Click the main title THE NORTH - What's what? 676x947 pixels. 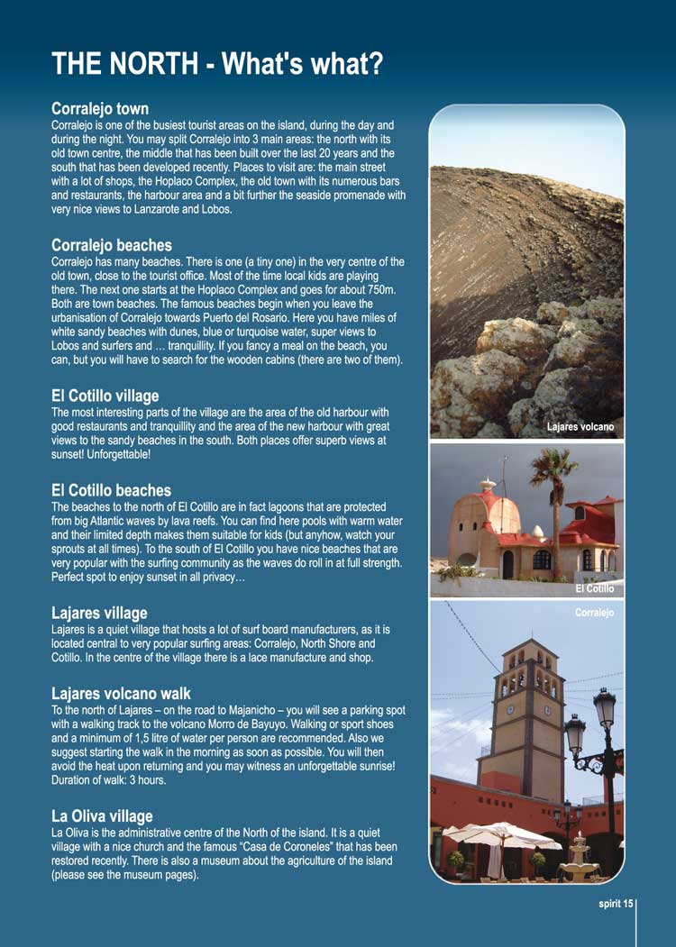coord(217,64)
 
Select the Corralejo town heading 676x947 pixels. coord(100,109)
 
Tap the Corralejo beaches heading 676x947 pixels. coord(112,245)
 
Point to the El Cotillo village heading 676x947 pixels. coord(105,396)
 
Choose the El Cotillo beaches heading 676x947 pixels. coord(112,490)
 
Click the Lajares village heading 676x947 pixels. coord(99,613)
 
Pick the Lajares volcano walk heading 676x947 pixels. coord(122,694)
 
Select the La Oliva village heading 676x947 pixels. coord(102,816)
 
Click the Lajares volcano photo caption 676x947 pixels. coord(580,427)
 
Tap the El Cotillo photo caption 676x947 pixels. coord(594,588)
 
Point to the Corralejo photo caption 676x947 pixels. coord(594,613)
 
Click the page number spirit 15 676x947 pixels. coord(617,904)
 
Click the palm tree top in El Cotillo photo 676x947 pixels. coord(553,464)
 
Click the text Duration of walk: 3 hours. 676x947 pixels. coord(109,780)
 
